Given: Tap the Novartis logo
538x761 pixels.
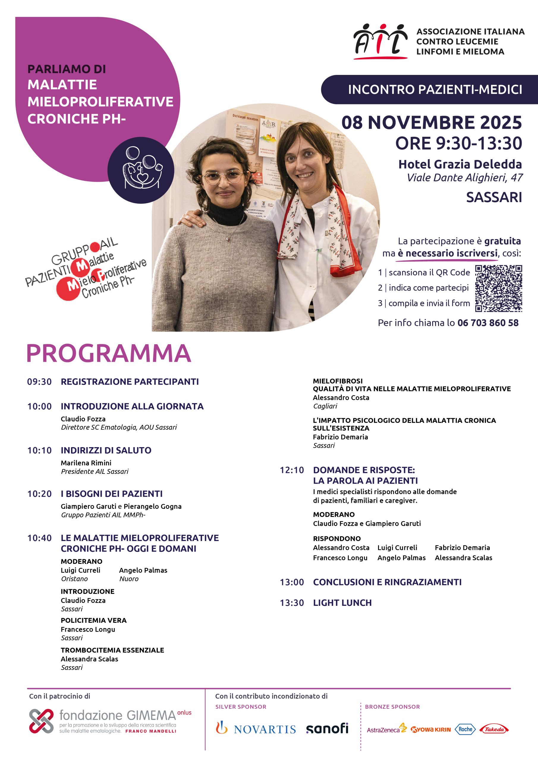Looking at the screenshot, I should (256, 729).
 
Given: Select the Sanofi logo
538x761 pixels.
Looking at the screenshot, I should (327, 729).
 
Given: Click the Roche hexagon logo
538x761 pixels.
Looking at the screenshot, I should (465, 729).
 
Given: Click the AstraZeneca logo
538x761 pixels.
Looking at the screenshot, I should (386, 729).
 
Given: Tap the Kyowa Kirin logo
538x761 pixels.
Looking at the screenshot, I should (431, 729).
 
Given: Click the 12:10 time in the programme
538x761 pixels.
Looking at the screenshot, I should (292, 470).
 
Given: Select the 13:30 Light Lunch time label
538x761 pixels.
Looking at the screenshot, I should (292, 603).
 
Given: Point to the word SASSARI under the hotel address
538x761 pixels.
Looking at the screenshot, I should (494, 197).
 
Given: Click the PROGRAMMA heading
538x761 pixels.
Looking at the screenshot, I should (109, 353).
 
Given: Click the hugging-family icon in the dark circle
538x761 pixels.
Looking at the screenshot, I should (141, 169).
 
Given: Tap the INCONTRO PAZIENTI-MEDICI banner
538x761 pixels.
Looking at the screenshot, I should (435, 89).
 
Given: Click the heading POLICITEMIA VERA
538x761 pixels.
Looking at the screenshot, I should (93, 620).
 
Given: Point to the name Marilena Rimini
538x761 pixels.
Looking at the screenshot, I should (86, 463).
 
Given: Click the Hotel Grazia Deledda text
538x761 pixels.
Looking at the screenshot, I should (460, 164).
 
